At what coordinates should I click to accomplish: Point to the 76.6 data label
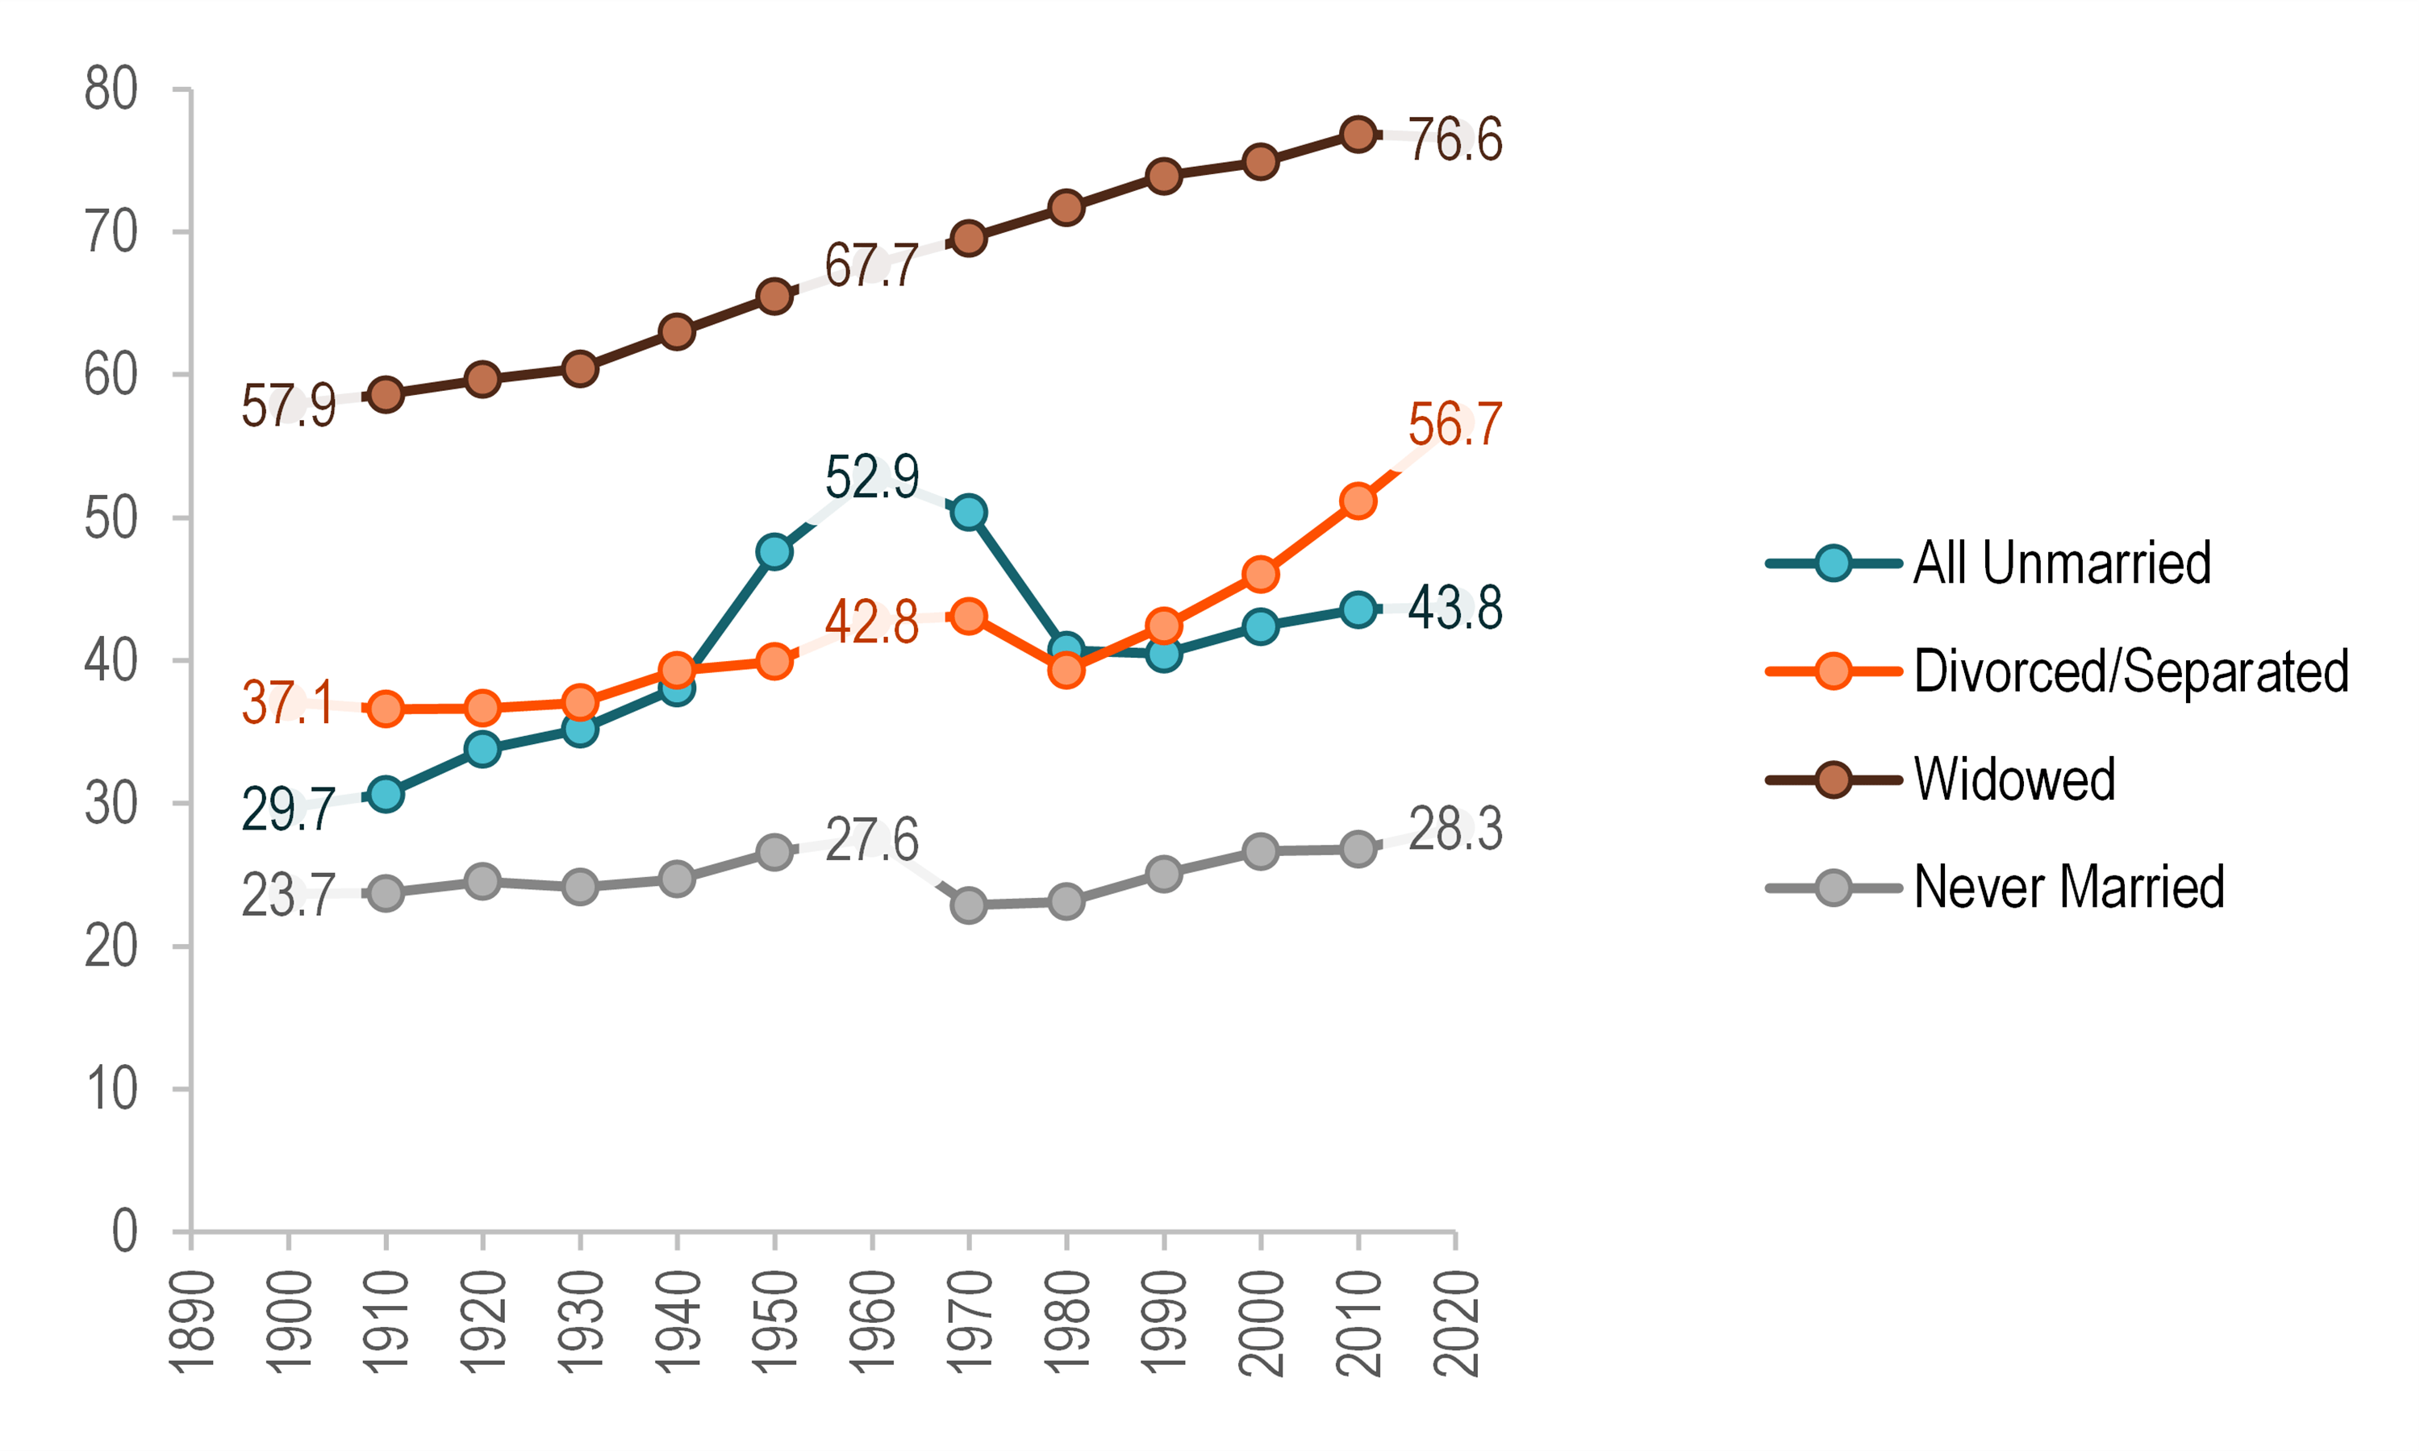pyautogui.click(x=1454, y=139)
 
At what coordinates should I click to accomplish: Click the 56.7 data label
pyautogui.click(x=1454, y=424)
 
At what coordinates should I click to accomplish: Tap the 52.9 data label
pyautogui.click(x=871, y=477)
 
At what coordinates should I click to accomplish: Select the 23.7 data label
pyautogui.click(x=289, y=895)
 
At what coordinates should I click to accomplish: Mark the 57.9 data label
pyautogui.click(x=289, y=405)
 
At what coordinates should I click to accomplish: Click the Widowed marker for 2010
pyautogui.click(x=1358, y=134)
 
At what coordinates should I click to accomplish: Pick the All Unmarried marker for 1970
pyautogui.click(x=968, y=513)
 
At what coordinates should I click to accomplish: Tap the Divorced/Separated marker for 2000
pyautogui.click(x=1260, y=574)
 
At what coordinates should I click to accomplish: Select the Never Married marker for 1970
pyautogui.click(x=968, y=905)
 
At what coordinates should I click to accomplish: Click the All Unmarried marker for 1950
pyautogui.click(x=774, y=551)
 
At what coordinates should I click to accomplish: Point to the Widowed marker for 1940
pyautogui.click(x=677, y=331)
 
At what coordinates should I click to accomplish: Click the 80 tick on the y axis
pyautogui.click(x=111, y=90)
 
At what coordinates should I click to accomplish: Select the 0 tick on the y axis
pyautogui.click(x=124, y=1232)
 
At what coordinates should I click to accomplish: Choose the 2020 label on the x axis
pyautogui.click(x=1454, y=1323)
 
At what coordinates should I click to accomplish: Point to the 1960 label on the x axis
pyautogui.click(x=871, y=1323)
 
